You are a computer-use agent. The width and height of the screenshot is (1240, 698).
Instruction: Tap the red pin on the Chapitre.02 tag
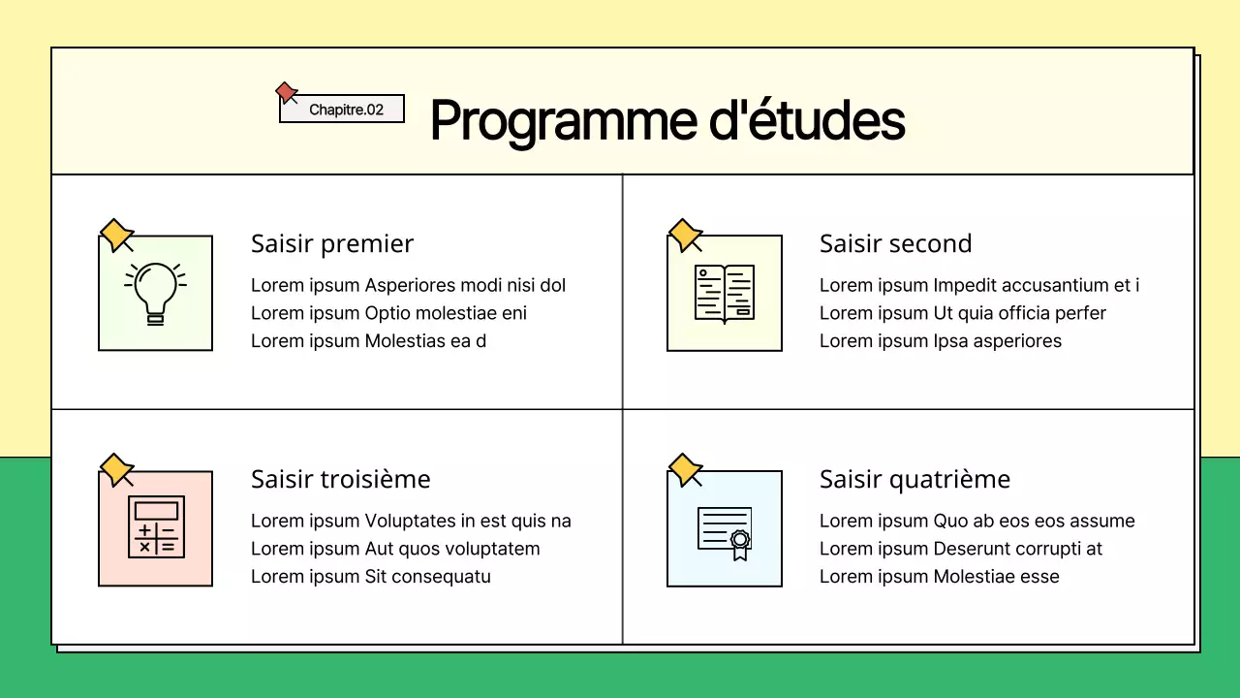click(286, 92)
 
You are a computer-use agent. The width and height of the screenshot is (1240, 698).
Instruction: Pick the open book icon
click(724, 293)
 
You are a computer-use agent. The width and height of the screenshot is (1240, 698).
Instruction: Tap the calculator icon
click(156, 526)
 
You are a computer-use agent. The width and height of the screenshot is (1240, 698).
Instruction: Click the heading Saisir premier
click(332, 243)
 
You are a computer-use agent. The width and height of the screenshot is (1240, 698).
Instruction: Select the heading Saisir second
click(895, 243)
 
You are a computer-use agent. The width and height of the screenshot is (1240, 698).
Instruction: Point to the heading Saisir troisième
click(340, 479)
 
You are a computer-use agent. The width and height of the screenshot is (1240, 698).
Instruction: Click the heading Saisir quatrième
click(914, 479)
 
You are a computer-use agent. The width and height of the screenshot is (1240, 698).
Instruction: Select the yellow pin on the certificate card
click(685, 469)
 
